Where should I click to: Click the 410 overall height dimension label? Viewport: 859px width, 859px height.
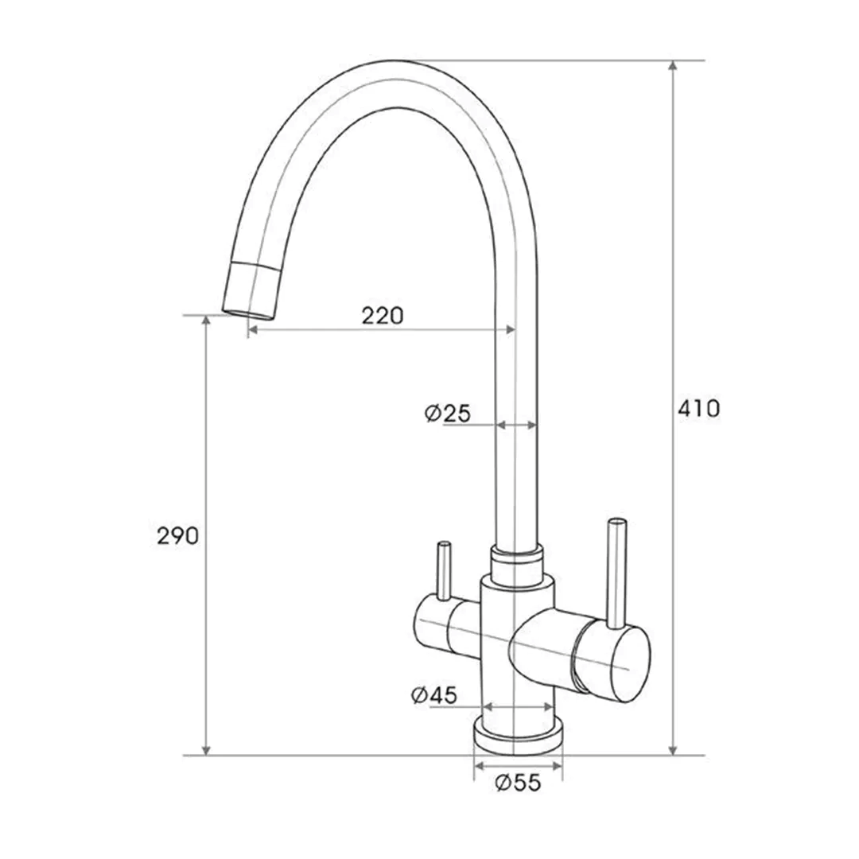click(x=698, y=409)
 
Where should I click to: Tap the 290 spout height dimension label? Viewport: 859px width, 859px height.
click(x=177, y=536)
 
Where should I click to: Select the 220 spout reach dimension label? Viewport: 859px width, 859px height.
click(x=383, y=316)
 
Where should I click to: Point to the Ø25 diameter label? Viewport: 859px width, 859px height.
click(x=448, y=414)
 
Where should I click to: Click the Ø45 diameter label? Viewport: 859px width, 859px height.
click(x=434, y=695)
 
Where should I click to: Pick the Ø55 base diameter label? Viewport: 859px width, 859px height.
click(x=517, y=783)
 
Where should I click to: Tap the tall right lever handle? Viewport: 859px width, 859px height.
click(x=615, y=569)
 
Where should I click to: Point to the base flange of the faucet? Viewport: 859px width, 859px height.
click(x=519, y=735)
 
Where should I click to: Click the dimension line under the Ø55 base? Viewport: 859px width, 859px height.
click(x=518, y=768)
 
